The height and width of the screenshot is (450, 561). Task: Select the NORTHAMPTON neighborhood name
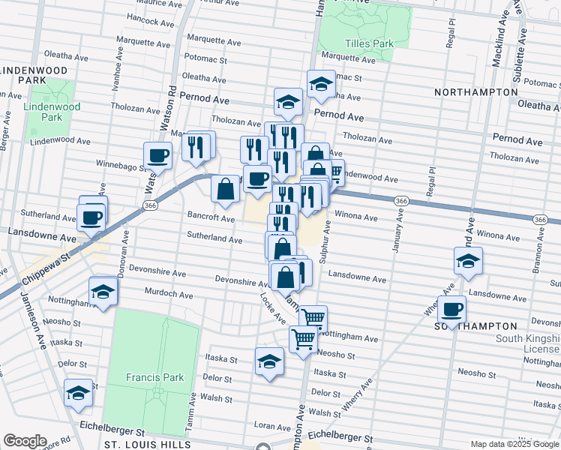(x=475, y=91)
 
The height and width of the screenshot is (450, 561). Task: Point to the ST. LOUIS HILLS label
(x=148, y=444)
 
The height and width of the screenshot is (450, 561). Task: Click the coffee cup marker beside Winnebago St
(x=158, y=157)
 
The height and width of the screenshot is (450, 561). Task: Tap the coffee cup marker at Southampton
(x=451, y=310)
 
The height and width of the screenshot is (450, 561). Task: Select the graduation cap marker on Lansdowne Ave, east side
(x=468, y=262)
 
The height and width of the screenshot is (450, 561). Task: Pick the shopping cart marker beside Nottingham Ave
(x=313, y=319)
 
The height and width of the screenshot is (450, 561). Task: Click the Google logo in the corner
(x=24, y=441)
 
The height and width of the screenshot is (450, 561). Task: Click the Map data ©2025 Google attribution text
(x=514, y=444)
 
